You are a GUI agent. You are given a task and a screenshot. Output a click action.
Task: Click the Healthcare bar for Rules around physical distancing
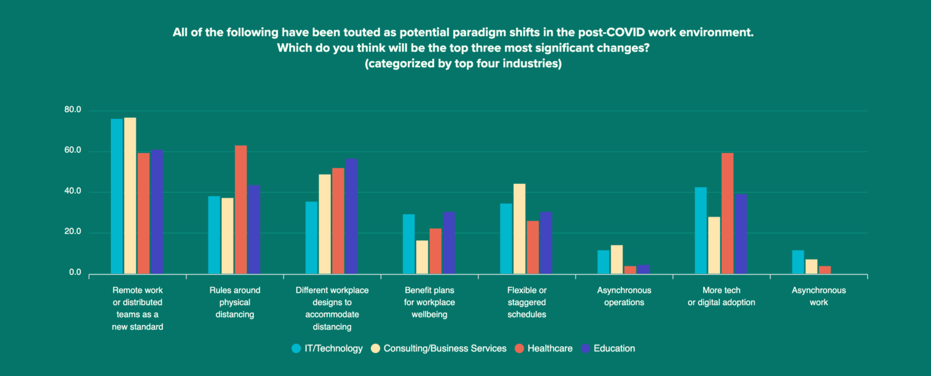click(241, 209)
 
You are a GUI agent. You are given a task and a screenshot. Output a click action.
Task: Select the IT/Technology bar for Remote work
click(116, 196)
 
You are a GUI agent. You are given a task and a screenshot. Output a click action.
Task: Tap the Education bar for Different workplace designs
click(351, 216)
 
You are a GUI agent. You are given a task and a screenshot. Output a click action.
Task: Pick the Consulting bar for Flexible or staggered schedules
click(519, 229)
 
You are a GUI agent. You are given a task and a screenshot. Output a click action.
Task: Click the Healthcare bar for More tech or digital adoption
click(727, 213)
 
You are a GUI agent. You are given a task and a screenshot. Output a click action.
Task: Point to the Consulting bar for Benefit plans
click(422, 257)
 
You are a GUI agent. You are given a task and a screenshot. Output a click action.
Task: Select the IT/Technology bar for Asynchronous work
click(798, 262)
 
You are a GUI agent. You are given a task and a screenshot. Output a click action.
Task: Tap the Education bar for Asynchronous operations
click(643, 269)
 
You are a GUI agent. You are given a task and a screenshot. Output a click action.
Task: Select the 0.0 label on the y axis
click(75, 273)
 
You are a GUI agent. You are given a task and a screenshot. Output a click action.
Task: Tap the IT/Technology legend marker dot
click(296, 348)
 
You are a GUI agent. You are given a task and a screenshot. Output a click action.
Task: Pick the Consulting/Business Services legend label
click(445, 348)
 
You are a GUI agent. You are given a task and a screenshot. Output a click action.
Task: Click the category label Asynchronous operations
click(624, 296)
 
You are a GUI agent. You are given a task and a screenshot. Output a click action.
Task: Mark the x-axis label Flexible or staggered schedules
click(527, 302)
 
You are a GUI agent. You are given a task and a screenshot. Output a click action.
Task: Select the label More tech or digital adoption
click(721, 296)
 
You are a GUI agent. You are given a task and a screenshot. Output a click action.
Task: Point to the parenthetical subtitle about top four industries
click(463, 64)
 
